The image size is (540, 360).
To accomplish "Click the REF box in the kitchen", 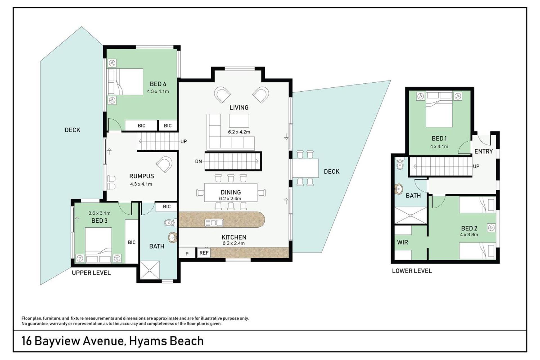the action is [204, 253].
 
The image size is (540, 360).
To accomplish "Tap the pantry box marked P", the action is [187, 253].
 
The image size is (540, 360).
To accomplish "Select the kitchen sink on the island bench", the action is [214, 223].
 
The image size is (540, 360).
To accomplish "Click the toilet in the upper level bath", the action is [170, 223].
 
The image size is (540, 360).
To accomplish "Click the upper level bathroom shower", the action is [150, 270].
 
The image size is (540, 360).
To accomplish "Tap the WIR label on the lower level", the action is [402, 242].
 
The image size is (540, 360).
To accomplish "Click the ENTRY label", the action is [483, 151].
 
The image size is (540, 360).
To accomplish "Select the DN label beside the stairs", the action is [199, 161].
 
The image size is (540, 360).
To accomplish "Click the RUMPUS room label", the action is [141, 176].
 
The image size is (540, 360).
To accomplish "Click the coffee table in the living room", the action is [239, 121].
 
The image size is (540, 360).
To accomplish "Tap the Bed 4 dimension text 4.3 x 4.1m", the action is [158, 91].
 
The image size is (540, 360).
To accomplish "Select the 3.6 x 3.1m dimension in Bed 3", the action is [99, 213].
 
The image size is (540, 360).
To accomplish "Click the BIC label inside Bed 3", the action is [132, 242].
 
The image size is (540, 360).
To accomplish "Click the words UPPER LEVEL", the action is [91, 273].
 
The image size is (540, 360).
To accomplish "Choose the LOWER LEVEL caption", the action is [412, 271].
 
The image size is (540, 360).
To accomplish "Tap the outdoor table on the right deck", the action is [305, 168].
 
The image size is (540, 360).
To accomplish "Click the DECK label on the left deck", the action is [73, 130].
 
